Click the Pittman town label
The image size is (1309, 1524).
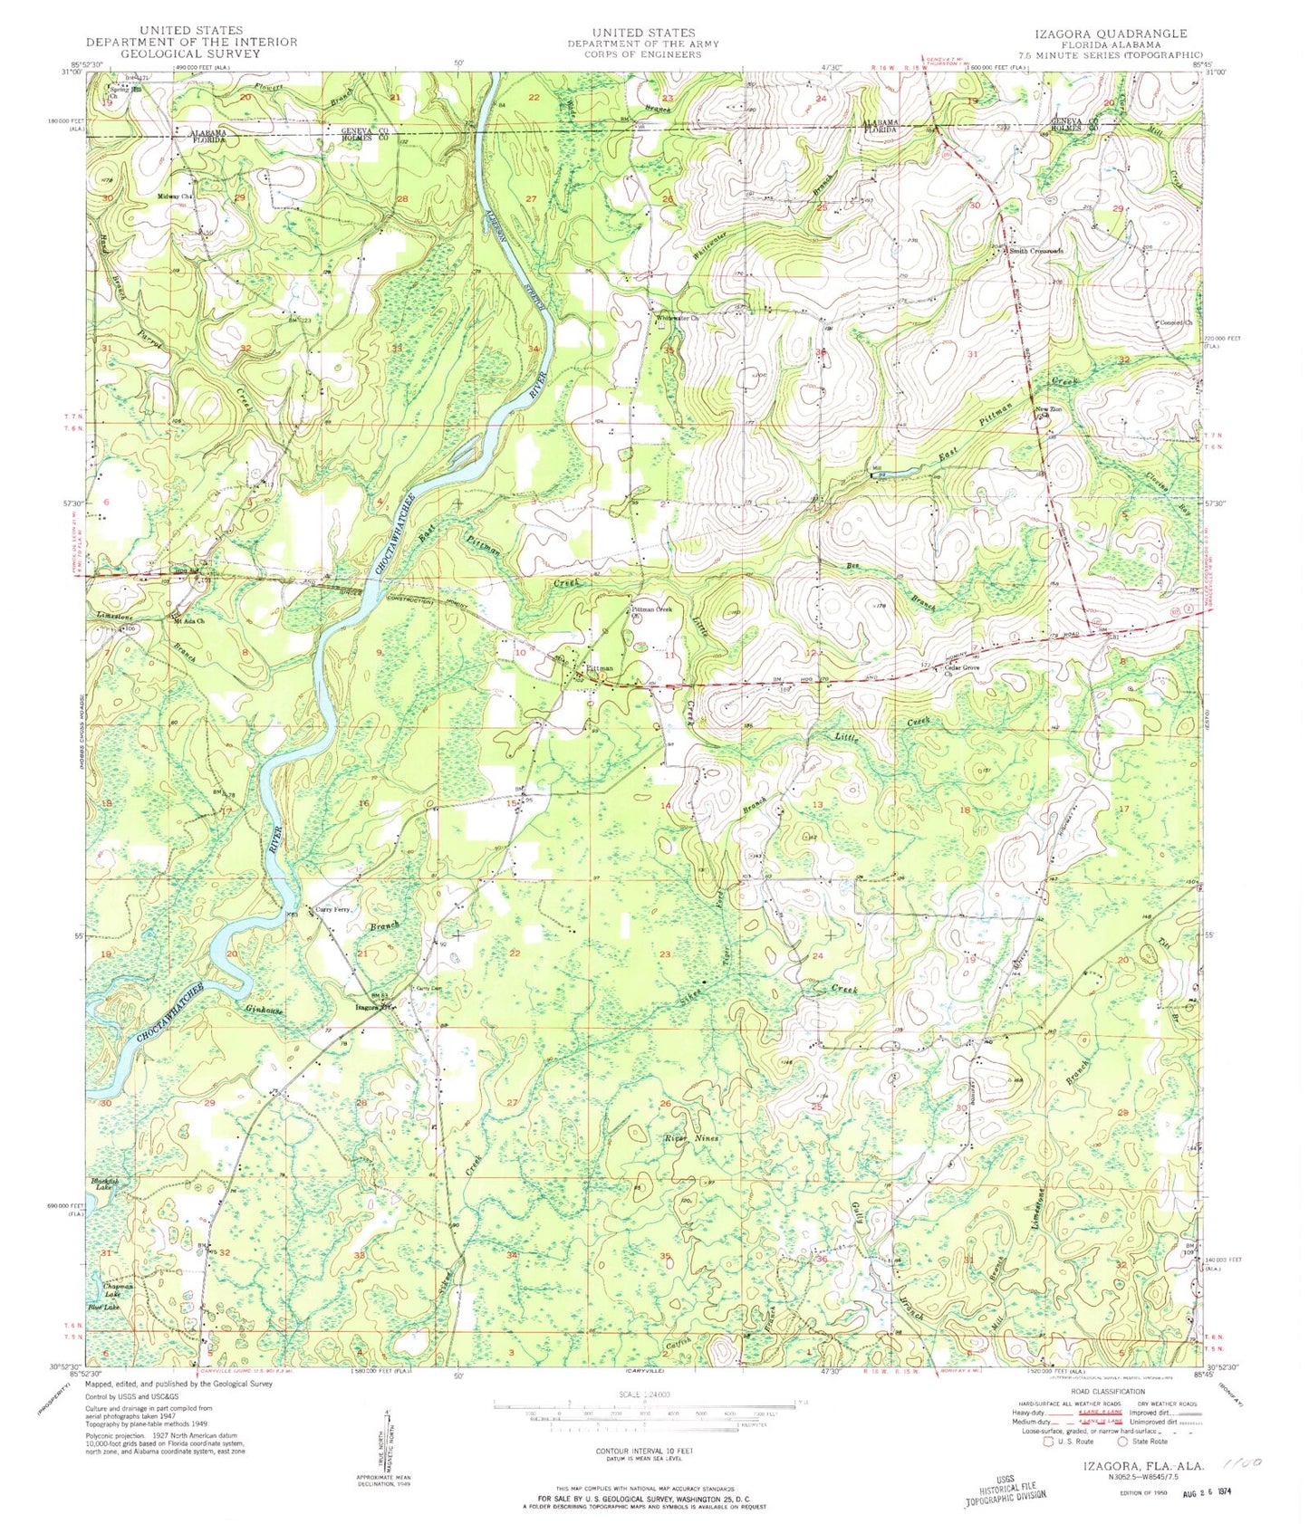tap(600, 668)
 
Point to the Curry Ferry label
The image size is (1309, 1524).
tap(331, 909)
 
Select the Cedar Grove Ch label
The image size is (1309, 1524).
tap(962, 670)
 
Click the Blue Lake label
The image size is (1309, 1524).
tap(102, 1307)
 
